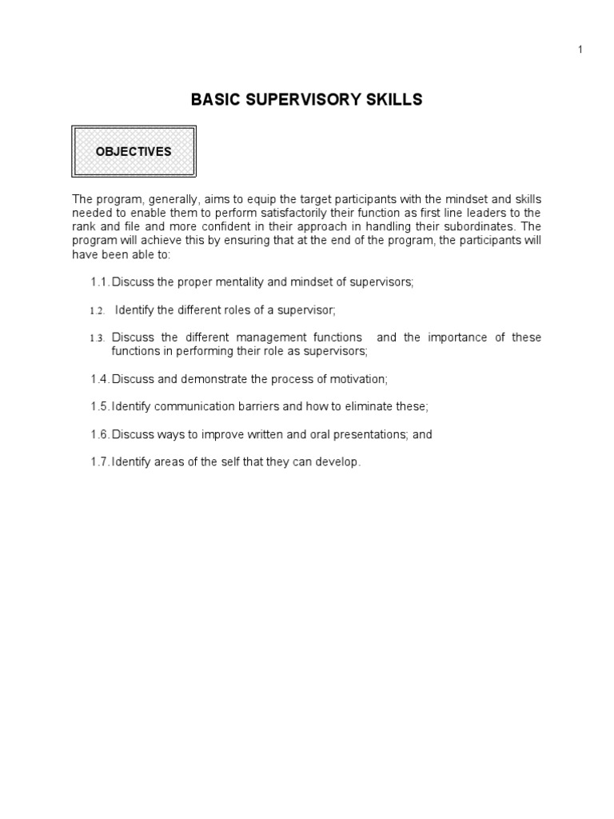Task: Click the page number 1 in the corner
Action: (580, 50)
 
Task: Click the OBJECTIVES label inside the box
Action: (134, 151)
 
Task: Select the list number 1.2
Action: (98, 310)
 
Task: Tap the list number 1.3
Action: (98, 338)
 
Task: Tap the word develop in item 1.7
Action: (341, 462)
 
